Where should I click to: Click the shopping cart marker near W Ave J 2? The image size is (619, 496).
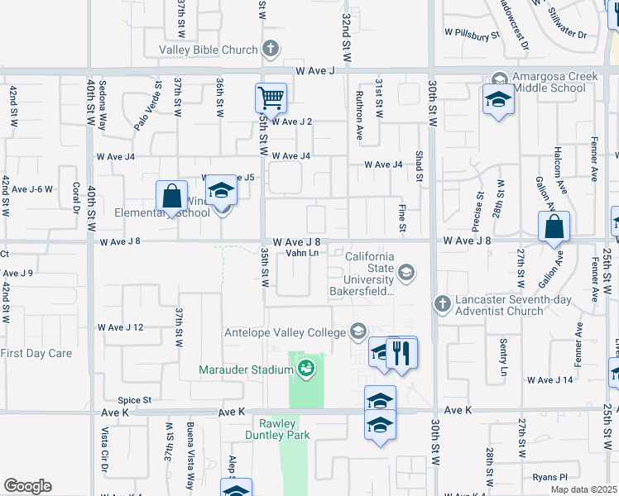click(271, 98)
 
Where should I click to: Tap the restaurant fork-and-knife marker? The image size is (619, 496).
click(402, 353)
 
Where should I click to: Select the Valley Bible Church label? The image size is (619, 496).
click(209, 50)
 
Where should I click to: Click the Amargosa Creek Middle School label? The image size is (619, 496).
click(554, 82)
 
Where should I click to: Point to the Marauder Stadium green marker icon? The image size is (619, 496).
click(306, 369)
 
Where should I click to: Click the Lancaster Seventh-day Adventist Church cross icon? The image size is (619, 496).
click(442, 304)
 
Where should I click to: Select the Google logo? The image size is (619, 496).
click(27, 486)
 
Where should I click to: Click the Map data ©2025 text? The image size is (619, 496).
click(584, 489)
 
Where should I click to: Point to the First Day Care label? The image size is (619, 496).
click(36, 353)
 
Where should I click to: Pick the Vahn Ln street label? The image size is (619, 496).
click(302, 253)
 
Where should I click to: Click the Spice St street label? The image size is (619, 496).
click(134, 400)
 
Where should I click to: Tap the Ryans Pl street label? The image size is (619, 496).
click(550, 477)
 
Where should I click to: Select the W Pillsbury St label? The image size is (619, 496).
click(473, 35)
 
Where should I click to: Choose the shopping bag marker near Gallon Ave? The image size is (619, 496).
click(554, 226)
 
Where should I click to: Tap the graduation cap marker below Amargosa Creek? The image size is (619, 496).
click(498, 99)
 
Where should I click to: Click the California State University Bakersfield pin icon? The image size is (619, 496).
click(405, 271)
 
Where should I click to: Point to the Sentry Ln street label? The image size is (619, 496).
click(503, 357)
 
